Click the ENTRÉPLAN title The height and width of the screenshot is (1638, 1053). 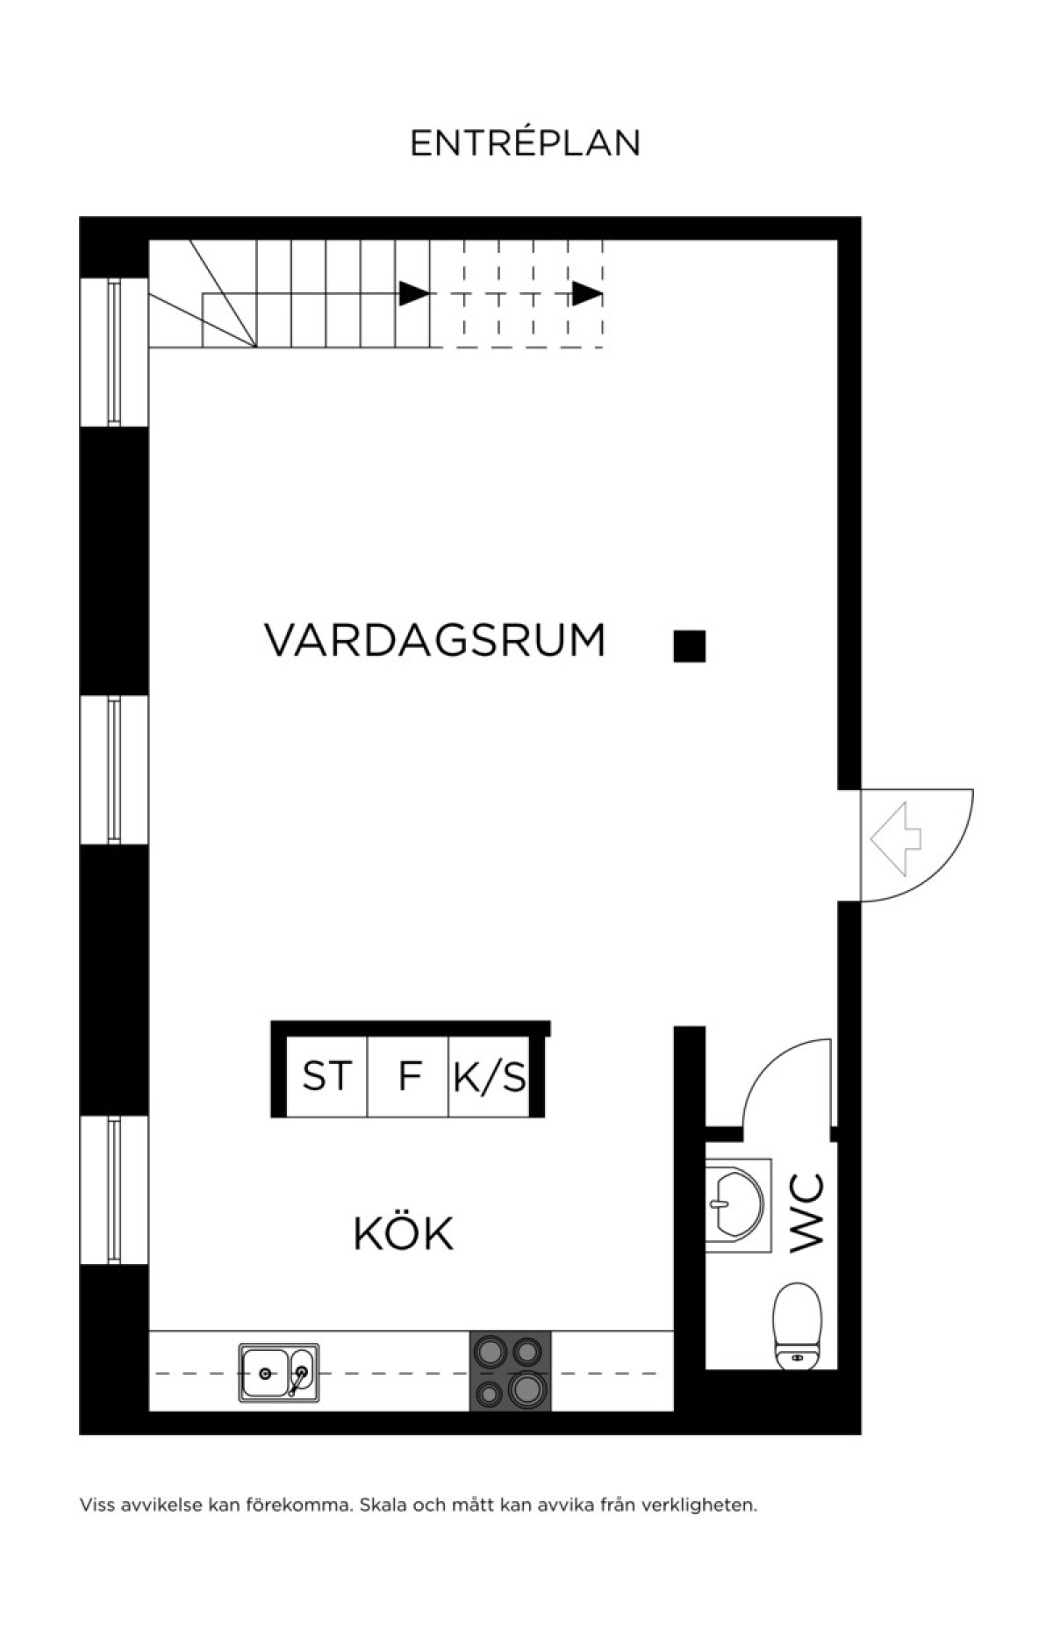tap(525, 143)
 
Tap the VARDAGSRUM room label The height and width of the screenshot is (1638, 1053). tap(435, 640)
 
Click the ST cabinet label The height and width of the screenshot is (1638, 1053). tap(327, 1076)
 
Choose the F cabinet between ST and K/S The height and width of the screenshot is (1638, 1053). tap(410, 1076)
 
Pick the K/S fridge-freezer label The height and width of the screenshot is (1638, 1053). tap(490, 1076)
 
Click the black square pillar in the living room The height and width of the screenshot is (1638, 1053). tap(690, 646)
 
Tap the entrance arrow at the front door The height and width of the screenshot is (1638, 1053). tap(895, 840)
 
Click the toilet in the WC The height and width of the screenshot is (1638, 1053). tap(798, 1326)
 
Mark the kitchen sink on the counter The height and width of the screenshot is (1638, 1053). tap(279, 1373)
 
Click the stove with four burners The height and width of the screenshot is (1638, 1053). tap(511, 1371)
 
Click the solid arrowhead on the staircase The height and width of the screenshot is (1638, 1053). tap(414, 293)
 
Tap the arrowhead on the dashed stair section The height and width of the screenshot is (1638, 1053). tap(588, 293)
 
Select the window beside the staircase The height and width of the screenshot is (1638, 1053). tap(114, 352)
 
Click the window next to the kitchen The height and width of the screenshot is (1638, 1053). tap(114, 1189)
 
